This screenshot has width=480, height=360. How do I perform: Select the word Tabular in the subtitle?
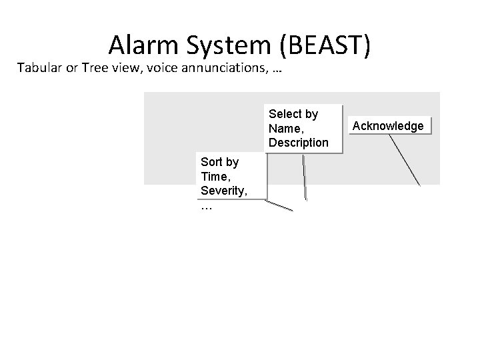41,68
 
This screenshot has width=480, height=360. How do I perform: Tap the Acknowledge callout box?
388,126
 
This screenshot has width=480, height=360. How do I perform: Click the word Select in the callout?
284,114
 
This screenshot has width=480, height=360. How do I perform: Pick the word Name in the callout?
284,128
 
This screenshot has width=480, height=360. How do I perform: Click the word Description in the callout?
299,143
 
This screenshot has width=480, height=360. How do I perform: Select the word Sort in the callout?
211,162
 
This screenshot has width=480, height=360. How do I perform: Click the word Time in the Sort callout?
213,177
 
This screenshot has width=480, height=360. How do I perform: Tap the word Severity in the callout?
223,191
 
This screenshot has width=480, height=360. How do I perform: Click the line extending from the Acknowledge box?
405,159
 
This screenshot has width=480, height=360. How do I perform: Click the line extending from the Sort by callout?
279,205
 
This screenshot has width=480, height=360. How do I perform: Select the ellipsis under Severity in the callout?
206,207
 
